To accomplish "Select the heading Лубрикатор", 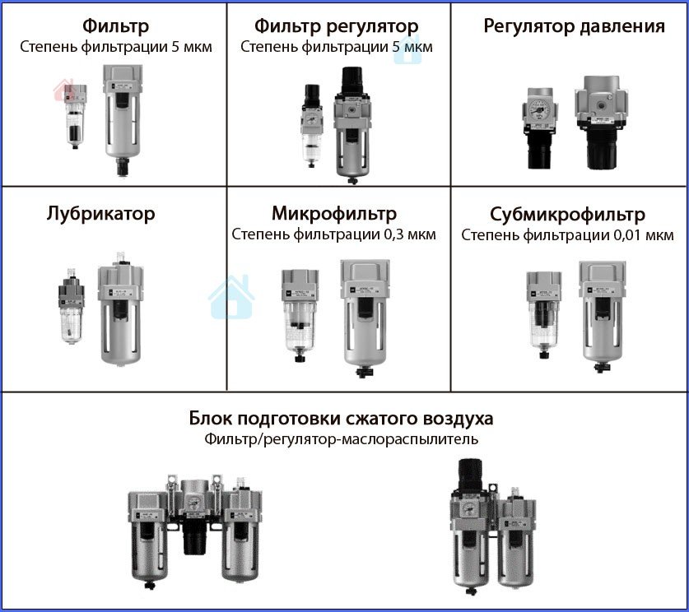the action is (x=100, y=213).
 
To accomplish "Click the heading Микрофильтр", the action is (x=334, y=213).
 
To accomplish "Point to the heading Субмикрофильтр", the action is (x=567, y=214).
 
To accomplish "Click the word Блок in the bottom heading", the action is (x=211, y=418).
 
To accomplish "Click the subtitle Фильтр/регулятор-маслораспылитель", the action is (x=341, y=439).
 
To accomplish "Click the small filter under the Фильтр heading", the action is (x=75, y=116).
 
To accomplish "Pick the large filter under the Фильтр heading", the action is (x=123, y=120).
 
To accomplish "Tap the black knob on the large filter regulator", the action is (x=352, y=80).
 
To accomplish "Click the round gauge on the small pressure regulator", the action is (x=538, y=108).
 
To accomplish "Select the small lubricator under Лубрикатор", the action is (x=71, y=305).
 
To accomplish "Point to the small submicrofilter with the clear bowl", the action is (x=544, y=315).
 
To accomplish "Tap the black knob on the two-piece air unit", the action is (x=470, y=474).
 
